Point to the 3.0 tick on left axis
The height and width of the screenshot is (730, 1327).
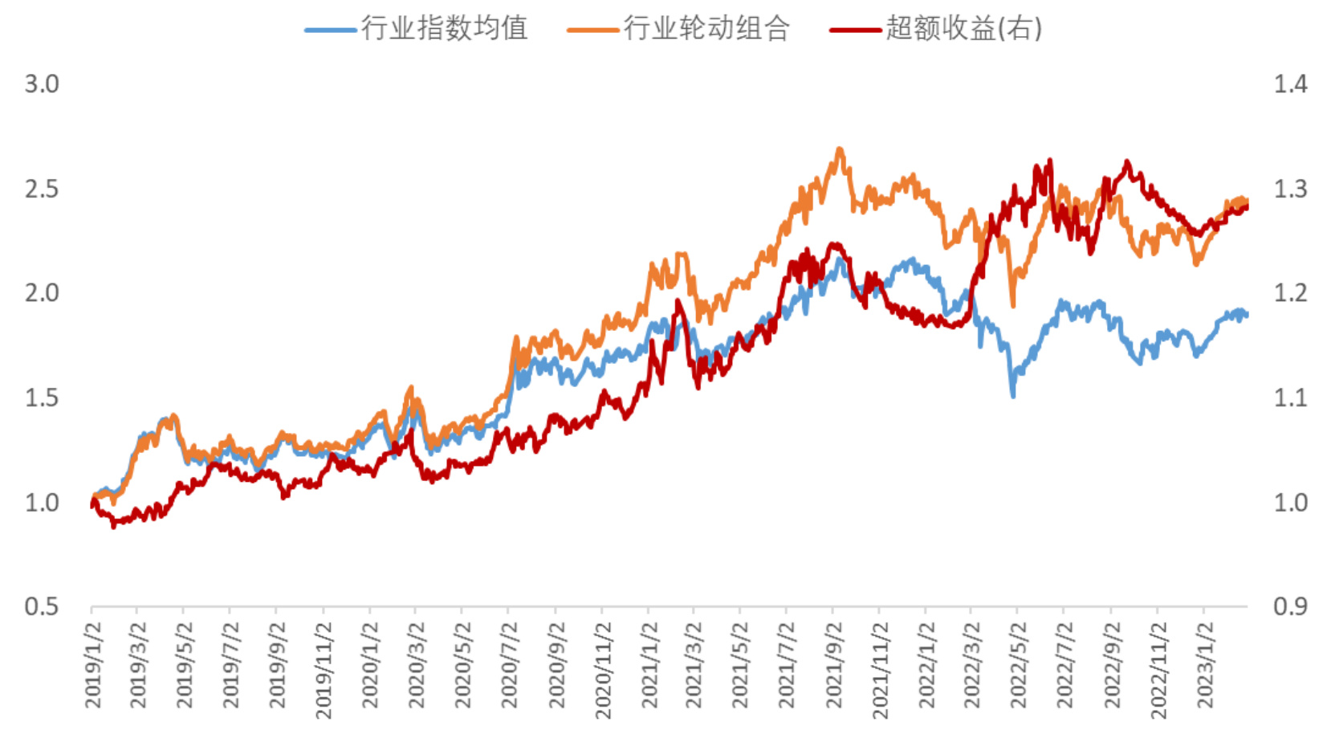click(x=42, y=84)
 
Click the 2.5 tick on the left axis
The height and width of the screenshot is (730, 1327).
click(x=42, y=189)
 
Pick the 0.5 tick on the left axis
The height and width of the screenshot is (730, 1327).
click(x=42, y=606)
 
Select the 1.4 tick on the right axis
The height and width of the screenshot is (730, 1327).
click(x=1290, y=84)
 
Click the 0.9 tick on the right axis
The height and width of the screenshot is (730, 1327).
click(x=1290, y=606)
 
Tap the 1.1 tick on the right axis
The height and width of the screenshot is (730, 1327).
click(x=1290, y=398)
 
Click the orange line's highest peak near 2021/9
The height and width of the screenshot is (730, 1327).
click(x=840, y=149)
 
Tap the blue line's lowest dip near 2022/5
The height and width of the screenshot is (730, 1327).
click(x=1013, y=394)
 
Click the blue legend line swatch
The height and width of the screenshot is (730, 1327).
click(x=330, y=31)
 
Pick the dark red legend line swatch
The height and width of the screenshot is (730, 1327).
click(x=855, y=31)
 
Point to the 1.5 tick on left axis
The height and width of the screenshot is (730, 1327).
click(x=42, y=398)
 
